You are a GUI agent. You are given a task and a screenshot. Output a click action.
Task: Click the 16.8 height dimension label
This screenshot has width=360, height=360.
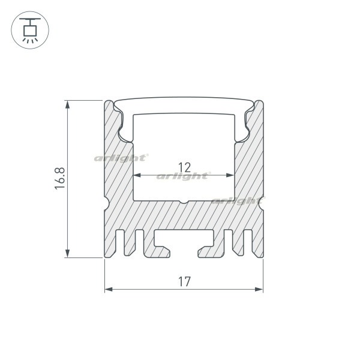[x=60, y=178]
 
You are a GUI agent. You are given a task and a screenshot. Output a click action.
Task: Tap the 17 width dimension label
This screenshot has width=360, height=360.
[x=184, y=282]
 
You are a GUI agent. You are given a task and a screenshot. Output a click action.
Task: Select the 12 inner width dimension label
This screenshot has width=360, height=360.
[x=185, y=167]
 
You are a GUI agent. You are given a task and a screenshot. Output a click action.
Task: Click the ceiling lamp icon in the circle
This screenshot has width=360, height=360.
[x=30, y=30]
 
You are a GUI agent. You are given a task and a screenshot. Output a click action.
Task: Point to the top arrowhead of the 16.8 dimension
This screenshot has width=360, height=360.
[x=67, y=104]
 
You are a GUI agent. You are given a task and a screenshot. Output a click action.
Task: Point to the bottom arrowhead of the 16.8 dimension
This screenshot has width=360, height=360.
[x=67, y=253]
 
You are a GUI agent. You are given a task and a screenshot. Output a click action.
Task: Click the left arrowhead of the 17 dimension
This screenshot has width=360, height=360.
[x=109, y=289]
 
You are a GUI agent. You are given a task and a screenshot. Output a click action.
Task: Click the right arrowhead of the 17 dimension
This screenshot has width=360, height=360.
[x=259, y=289]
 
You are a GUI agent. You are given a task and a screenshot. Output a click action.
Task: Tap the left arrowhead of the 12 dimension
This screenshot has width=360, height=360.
[x=137, y=175]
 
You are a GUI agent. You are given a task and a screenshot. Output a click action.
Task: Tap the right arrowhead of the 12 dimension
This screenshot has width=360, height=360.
[x=230, y=175]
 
